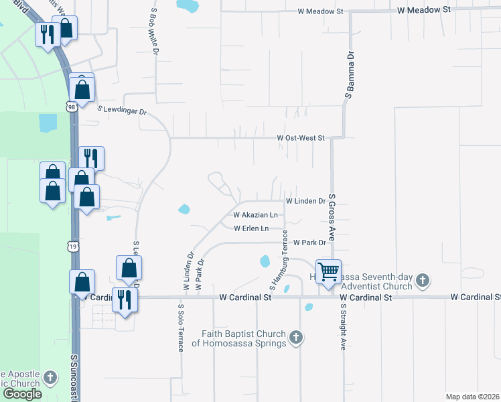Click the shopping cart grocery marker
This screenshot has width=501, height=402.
(x=328, y=272)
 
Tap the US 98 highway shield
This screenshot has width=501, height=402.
(x=71, y=106)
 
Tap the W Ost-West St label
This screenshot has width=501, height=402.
(x=301, y=138)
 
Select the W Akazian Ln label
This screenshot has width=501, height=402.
(x=255, y=215)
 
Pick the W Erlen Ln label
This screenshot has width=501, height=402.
(x=255, y=228)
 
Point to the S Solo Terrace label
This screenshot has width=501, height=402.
(x=181, y=328)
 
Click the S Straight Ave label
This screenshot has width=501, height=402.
(x=342, y=327)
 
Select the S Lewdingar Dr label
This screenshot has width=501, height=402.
(x=122, y=110)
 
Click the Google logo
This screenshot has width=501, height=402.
(x=22, y=394)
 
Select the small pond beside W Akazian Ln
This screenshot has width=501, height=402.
(x=184, y=209)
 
